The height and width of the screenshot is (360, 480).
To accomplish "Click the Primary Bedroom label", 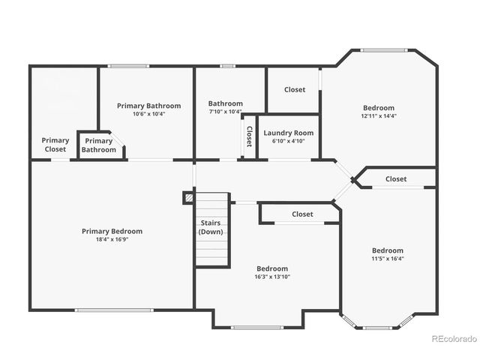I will pyautogui.click(x=112, y=231).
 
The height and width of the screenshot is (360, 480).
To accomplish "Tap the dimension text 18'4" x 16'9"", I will pyautogui.click(x=112, y=239).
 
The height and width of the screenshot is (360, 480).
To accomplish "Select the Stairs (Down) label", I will pyautogui.click(x=211, y=227).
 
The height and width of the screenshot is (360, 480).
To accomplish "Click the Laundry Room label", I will pyautogui.click(x=289, y=133).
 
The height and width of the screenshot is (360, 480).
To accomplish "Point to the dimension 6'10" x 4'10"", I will pyautogui.click(x=289, y=141).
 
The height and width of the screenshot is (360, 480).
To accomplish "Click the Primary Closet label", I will pyautogui.click(x=55, y=145).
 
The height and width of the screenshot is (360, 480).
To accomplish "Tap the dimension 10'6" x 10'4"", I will pyautogui.click(x=148, y=114).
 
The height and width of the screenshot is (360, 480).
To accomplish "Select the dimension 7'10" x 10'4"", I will pyautogui.click(x=225, y=112).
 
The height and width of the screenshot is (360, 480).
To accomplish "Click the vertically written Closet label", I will pyautogui.click(x=249, y=136).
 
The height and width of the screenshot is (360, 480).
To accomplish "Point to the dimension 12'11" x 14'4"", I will pyautogui.click(x=378, y=116).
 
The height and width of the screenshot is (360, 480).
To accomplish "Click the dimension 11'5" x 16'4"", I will pyautogui.click(x=388, y=259).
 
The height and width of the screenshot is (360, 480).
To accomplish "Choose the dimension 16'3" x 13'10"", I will pyautogui.click(x=271, y=277).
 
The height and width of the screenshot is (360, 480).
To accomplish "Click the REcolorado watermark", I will pyautogui.click(x=454, y=338).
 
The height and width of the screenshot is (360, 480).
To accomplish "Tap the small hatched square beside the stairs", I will pyautogui.click(x=189, y=198).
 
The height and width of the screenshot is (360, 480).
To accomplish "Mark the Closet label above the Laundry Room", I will pyautogui.click(x=295, y=89).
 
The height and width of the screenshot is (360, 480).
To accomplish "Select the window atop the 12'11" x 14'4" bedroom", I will pyautogui.click(x=384, y=51).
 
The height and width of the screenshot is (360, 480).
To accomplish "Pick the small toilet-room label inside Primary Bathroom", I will pyautogui.click(x=99, y=145).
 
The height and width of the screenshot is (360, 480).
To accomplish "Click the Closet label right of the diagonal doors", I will pyautogui.click(x=396, y=178).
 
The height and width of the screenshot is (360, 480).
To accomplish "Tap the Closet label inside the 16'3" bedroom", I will pyautogui.click(x=302, y=214).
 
